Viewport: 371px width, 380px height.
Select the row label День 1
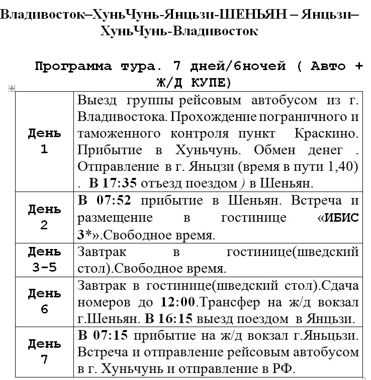point(44,141)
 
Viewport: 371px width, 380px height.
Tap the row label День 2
point(44,217)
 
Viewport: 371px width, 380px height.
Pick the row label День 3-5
point(44,259)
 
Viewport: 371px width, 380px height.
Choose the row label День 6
point(44,301)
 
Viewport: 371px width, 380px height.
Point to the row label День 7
point(44,351)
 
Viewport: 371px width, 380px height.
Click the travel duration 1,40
point(345,166)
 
